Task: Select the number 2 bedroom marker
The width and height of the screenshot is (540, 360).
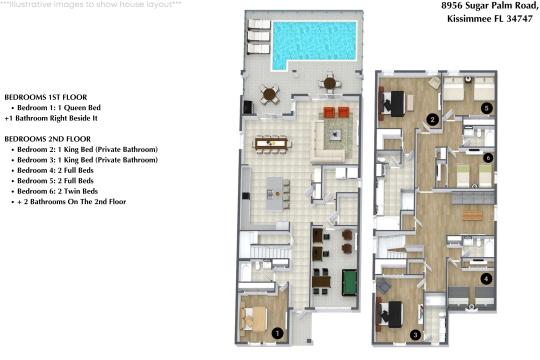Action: pos(432,120)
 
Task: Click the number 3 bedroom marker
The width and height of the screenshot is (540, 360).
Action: pos(416,334)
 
